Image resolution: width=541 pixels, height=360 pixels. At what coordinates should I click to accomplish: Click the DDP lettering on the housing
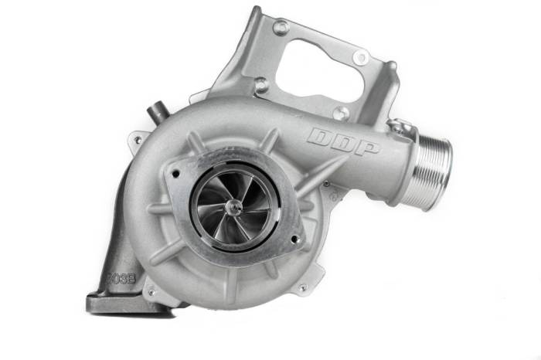point(343,142)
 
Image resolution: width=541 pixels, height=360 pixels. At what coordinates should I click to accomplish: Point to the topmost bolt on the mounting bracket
point(280,28)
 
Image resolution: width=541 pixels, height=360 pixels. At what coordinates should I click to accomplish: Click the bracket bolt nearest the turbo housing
point(262,86)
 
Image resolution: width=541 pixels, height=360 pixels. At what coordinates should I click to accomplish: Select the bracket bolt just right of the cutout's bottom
point(341,112)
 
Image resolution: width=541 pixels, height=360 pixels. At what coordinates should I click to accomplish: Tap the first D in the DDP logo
point(320,137)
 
